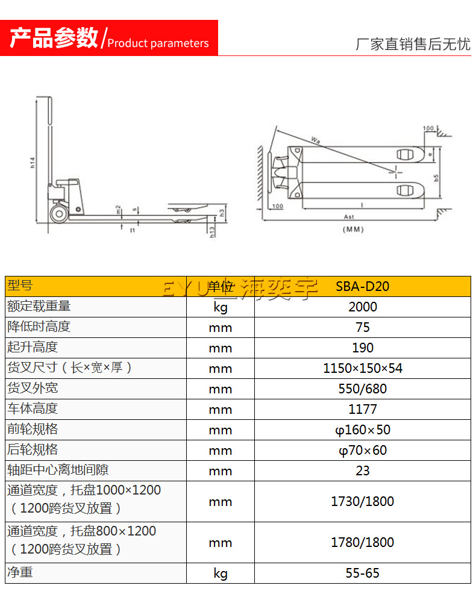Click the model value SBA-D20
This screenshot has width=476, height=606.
[362, 286]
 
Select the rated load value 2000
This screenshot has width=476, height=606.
[362, 307]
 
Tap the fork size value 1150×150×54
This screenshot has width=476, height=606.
[362, 368]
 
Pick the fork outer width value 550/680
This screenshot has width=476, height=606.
[362, 389]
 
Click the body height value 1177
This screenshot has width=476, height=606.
[362, 409]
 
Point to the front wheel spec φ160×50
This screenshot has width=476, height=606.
[362, 430]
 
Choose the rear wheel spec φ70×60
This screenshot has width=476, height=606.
[362, 450]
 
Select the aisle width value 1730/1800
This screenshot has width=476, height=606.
[362, 501]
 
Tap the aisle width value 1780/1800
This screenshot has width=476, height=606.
[362, 542]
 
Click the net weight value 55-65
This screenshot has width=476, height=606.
[362, 573]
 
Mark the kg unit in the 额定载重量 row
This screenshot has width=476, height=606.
[220, 307]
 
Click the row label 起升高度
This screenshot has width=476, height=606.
[33, 347]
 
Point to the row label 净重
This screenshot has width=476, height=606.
[20, 572]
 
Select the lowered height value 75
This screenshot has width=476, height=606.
[362, 327]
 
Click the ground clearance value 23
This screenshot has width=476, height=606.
[362, 470]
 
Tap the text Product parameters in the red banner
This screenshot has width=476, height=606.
[158, 43]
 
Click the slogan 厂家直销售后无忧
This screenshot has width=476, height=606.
[413, 44]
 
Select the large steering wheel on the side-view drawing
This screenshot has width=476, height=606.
[59, 213]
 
